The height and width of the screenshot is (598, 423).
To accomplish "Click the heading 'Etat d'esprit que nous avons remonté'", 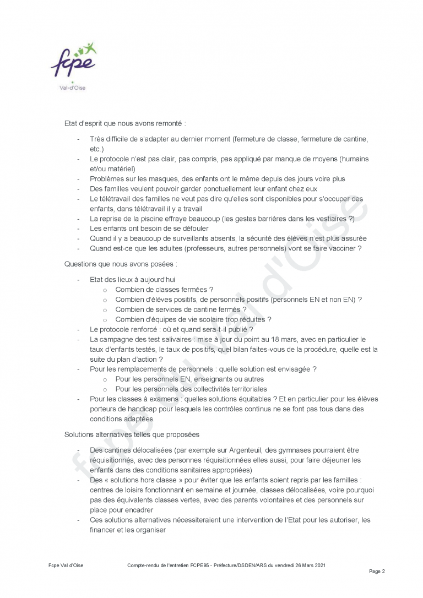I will (125, 124).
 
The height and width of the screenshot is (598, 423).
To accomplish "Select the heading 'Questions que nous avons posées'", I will (121, 264).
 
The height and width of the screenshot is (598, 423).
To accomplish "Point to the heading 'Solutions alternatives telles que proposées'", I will (132, 434).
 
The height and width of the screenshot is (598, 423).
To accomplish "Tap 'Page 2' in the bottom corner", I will (377, 571).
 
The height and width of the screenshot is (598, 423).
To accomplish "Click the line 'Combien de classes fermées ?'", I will (164, 289).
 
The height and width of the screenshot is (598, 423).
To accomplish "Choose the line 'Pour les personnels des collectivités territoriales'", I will (191, 389).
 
